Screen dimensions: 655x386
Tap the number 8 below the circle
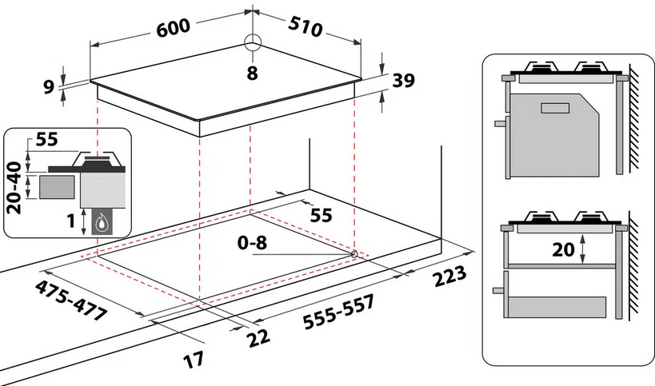click(253, 73)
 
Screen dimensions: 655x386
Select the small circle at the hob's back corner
click(253, 43)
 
